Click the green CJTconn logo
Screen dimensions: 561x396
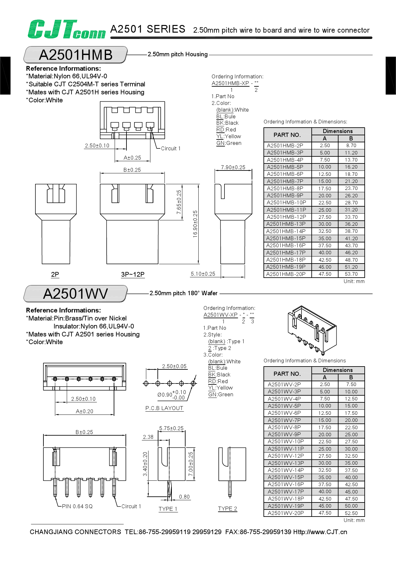66,29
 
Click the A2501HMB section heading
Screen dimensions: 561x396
76,55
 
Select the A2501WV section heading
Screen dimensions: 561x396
76,294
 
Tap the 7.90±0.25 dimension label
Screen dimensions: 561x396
233,167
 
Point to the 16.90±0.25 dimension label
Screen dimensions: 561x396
195,224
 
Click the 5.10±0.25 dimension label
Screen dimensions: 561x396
203,274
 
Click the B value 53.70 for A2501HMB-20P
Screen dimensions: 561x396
351,274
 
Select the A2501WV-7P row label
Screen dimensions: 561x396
284,420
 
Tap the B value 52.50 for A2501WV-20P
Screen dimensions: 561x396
351,513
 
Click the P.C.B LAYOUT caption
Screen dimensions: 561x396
164,408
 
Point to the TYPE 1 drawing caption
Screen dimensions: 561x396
168,509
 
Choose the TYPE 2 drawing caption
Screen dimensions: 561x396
227,509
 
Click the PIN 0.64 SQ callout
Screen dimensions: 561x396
77,506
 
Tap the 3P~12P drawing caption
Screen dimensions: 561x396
133,274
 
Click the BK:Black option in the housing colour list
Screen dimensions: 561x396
227,123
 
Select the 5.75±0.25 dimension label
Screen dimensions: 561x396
171,428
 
